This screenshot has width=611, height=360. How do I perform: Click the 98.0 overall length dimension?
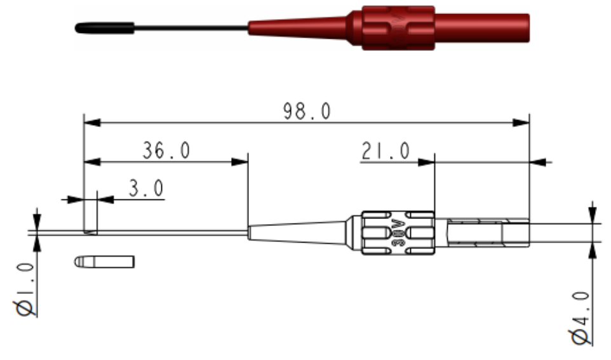tap(307, 111)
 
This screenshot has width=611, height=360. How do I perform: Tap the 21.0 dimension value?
tap(386, 151)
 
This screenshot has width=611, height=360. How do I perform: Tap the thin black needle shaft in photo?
tap(191, 28)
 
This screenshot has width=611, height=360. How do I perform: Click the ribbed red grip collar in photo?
tap(398, 28)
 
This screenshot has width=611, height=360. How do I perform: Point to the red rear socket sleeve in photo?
tap(483, 27)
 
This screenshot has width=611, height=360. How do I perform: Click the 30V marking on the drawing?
tap(397, 232)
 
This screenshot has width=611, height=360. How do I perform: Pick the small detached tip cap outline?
tap(104, 261)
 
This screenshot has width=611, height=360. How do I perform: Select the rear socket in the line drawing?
tap(483, 232)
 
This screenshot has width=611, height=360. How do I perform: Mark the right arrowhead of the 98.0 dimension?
tap(523, 122)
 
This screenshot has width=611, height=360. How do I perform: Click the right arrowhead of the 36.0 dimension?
tap(241, 162)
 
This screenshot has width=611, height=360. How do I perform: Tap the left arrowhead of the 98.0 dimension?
tap(91, 122)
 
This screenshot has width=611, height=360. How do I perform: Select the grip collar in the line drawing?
tap(398, 232)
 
